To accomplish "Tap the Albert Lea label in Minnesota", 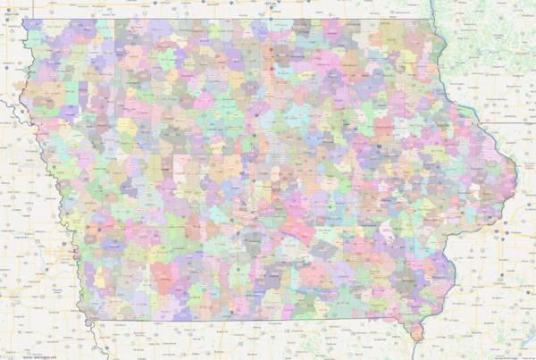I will click(x=268, y=5).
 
